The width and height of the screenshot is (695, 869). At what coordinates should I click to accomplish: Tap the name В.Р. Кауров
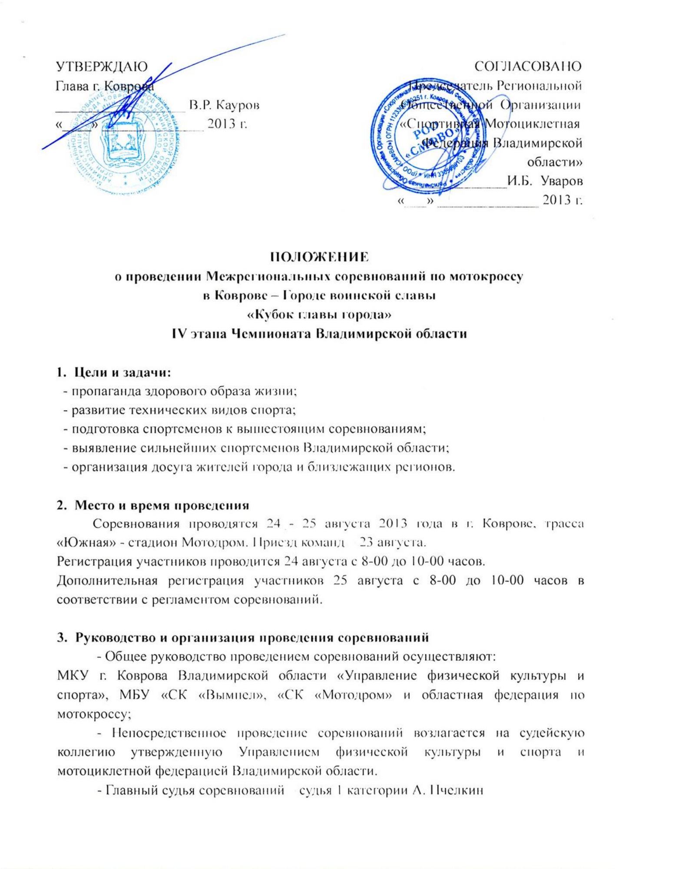pos(224,106)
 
